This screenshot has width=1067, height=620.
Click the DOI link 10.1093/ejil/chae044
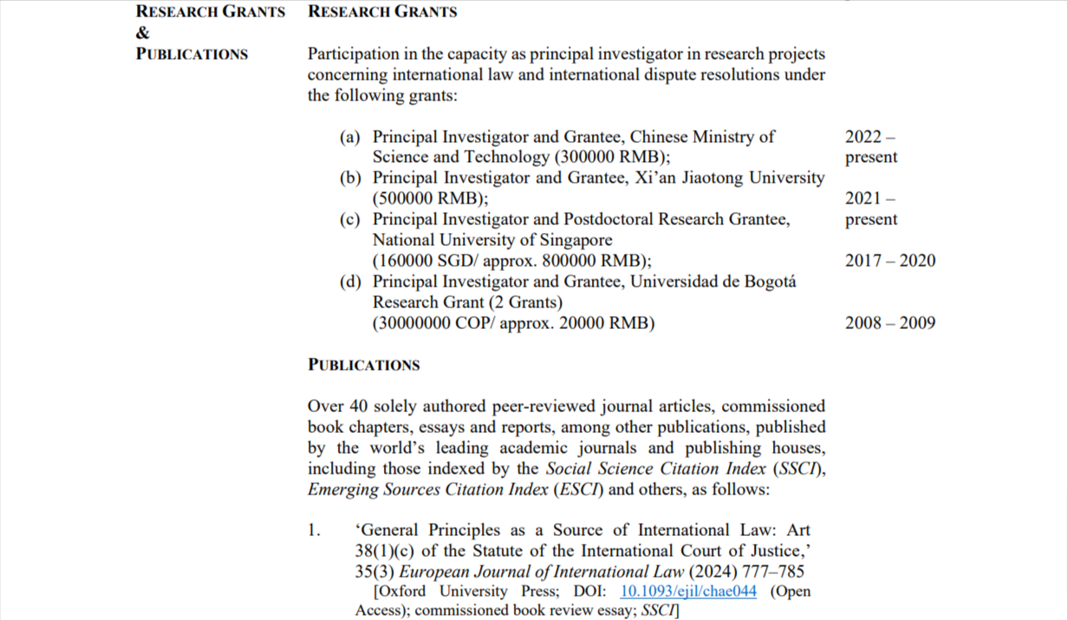(688, 591)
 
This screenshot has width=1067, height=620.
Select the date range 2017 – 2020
(890, 261)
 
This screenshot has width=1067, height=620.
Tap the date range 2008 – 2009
(890, 323)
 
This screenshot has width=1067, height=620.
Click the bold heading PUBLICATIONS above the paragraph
(364, 365)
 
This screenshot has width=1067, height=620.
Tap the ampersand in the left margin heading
(143, 33)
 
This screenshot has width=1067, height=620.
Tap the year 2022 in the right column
(863, 136)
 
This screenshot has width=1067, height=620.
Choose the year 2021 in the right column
(863, 198)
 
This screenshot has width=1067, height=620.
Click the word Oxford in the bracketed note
(400, 591)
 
